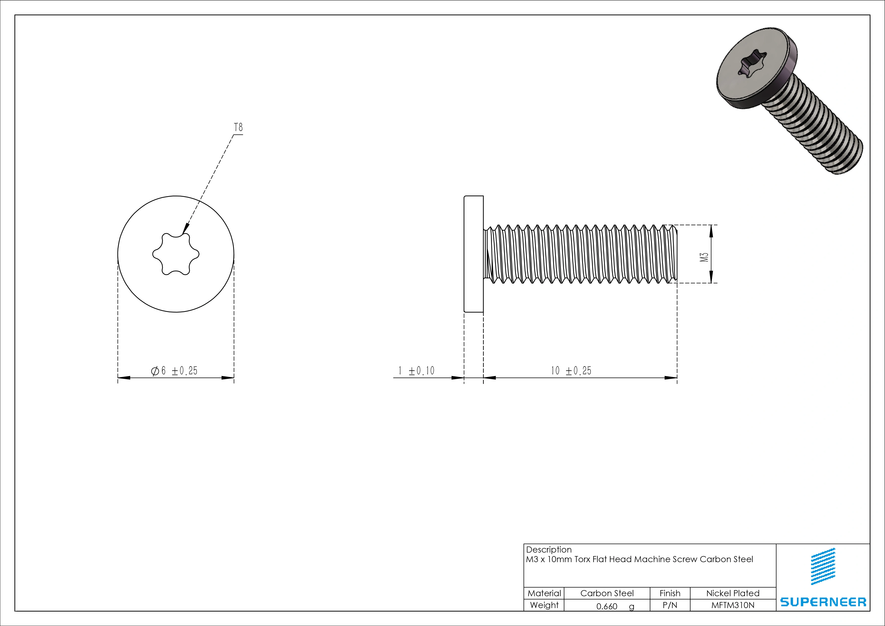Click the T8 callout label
click(x=238, y=127)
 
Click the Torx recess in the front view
click(x=176, y=254)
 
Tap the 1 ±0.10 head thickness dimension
click(x=416, y=371)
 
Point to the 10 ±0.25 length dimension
click(x=571, y=371)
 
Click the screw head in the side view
click(x=473, y=254)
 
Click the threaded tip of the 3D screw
click(x=852, y=160)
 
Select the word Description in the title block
click(x=549, y=550)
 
